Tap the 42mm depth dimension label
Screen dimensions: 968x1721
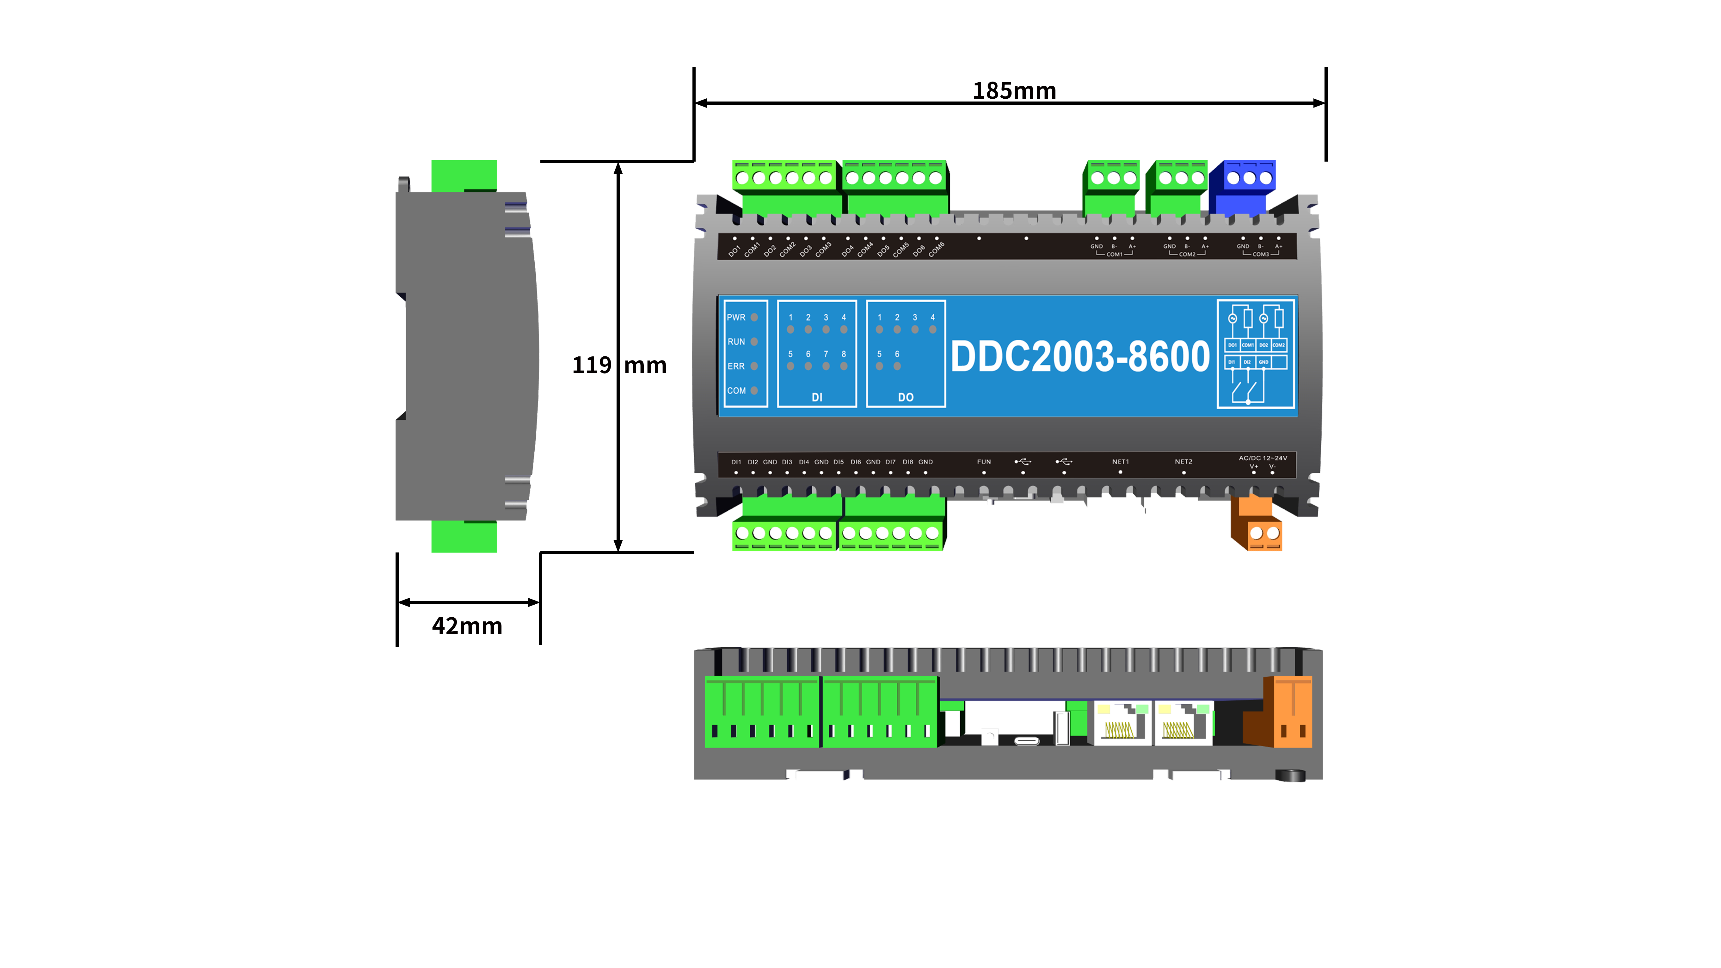pyautogui.click(x=467, y=626)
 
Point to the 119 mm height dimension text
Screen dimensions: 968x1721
pyautogui.click(x=619, y=366)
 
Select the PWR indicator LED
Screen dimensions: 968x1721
pyautogui.click(x=754, y=317)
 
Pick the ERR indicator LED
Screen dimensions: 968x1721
pyautogui.click(x=754, y=366)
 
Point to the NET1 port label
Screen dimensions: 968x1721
pyautogui.click(x=1120, y=462)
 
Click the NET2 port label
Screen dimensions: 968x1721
pyautogui.click(x=1183, y=462)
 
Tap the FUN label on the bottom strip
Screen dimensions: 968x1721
pyautogui.click(x=983, y=462)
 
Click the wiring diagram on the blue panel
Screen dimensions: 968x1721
pyautogui.click(x=1255, y=354)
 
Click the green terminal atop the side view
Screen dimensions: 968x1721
pyautogui.click(x=464, y=176)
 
